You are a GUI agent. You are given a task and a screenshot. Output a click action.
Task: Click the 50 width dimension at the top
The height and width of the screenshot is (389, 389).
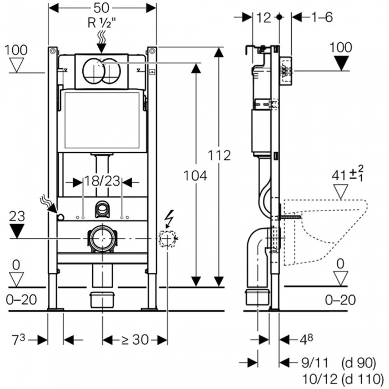pos(102,8)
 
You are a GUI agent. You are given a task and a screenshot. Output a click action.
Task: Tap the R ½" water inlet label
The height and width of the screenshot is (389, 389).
pos(102,23)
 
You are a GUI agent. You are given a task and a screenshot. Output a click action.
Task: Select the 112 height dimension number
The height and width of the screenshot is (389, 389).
pos(219,156)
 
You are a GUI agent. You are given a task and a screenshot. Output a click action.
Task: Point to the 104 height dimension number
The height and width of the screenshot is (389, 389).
pos(195,176)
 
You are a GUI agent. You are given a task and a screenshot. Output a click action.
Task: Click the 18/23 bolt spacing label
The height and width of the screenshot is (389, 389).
pos(102,181)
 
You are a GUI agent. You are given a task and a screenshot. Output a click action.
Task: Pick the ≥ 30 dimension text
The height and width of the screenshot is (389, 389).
pos(135,340)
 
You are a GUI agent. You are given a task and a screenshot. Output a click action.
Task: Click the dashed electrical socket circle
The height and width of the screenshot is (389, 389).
pos(167,238)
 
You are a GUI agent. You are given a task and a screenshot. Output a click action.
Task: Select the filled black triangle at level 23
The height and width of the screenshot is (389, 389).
pos(17,231)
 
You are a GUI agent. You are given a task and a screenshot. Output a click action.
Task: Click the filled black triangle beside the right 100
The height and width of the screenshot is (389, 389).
pos(341,63)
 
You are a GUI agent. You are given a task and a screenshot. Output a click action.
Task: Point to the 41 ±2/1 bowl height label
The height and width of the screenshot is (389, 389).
pos(348,174)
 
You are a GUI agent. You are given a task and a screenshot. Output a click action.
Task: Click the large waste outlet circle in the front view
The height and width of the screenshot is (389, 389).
pos(102,238)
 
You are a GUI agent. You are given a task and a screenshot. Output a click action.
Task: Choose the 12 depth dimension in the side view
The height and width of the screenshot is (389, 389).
pos(264,18)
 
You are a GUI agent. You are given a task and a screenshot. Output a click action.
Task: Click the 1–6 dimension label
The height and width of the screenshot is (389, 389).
pos(322,17)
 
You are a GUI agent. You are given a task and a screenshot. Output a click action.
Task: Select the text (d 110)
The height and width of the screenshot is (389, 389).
pos(362,379)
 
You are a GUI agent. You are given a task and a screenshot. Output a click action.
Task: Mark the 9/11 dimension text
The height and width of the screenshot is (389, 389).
pos(315,363)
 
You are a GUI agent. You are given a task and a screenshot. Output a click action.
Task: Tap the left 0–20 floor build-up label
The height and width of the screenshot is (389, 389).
pos(21,300)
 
